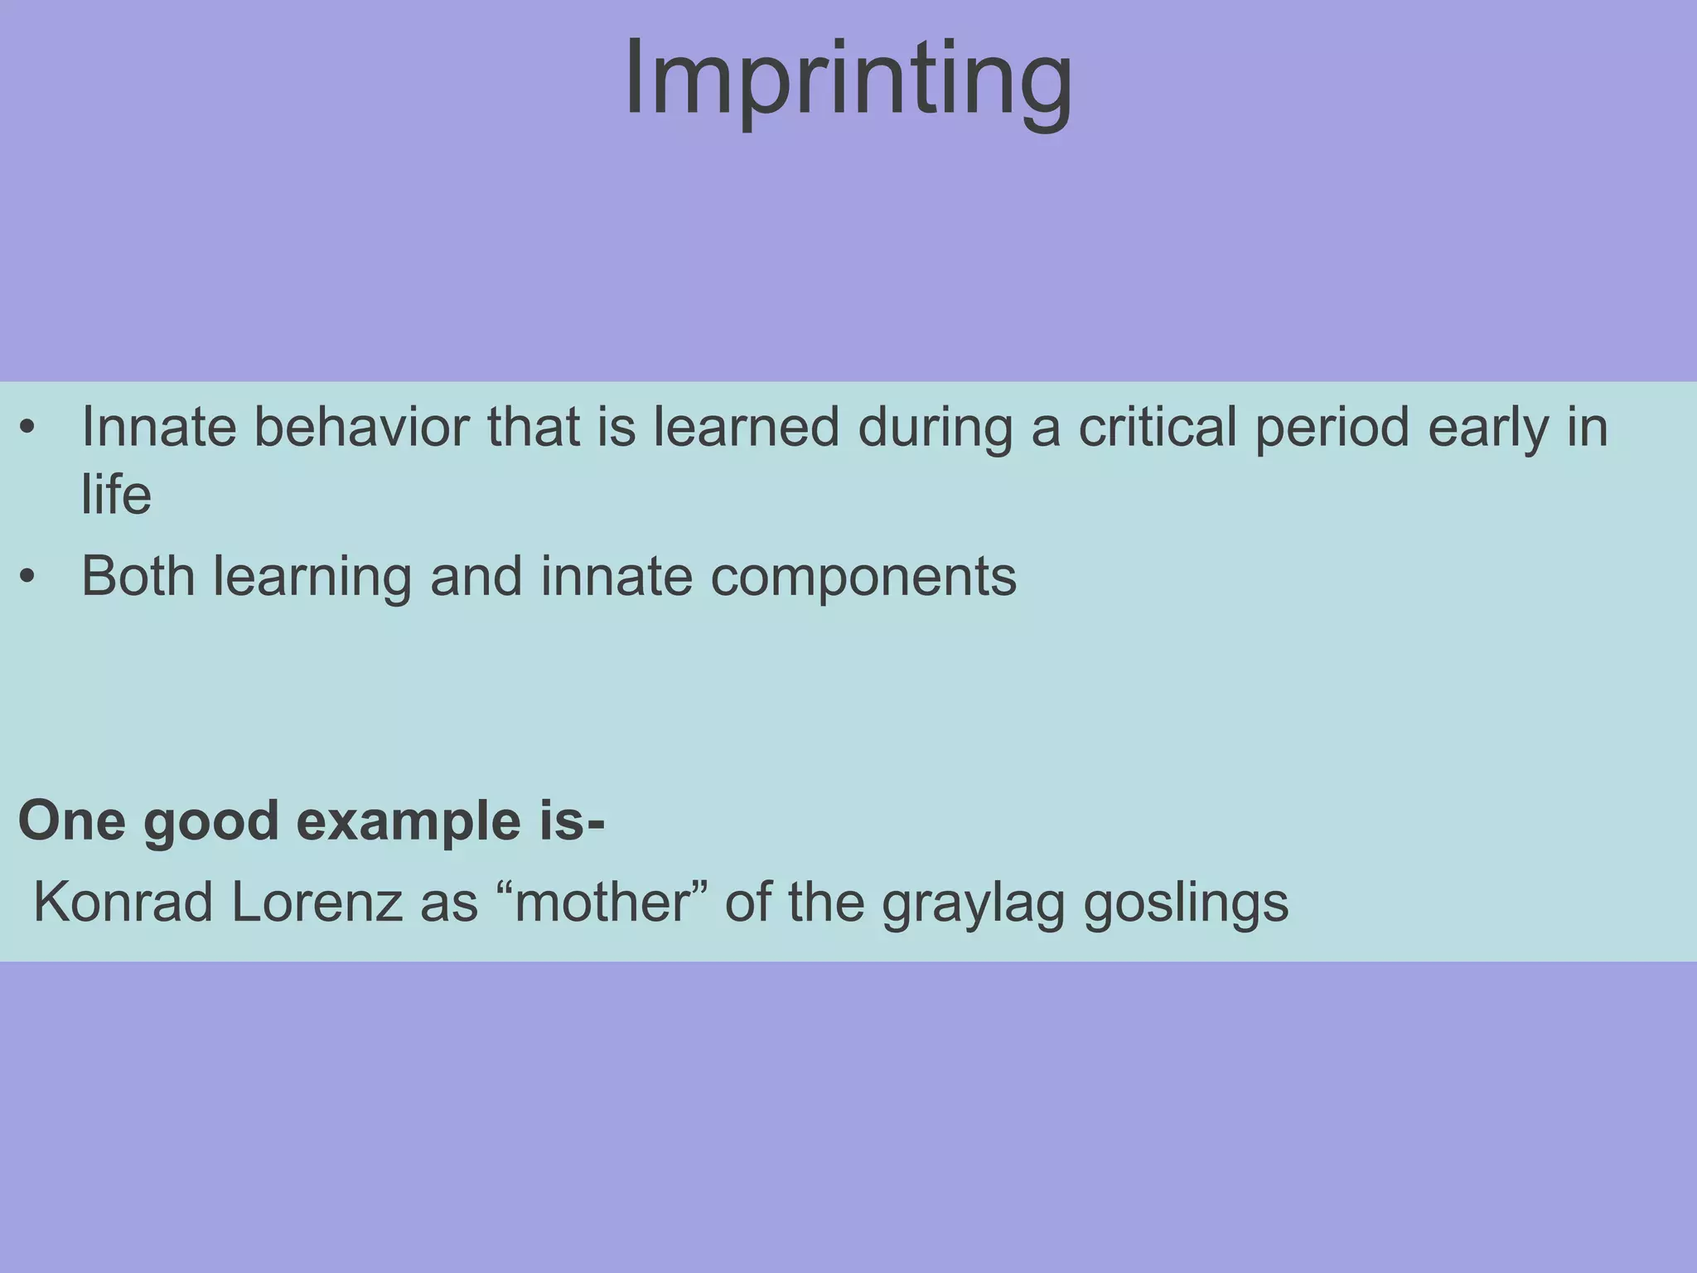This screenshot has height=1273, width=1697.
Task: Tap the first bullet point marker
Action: tap(28, 428)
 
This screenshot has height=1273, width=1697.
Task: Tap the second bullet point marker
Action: tap(28, 577)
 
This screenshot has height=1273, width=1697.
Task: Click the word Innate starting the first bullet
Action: tap(157, 428)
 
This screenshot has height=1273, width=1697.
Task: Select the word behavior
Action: tap(360, 428)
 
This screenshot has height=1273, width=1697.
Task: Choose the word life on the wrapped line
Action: tap(116, 495)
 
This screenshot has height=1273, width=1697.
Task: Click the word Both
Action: tap(138, 577)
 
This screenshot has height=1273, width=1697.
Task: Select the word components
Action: tap(863, 577)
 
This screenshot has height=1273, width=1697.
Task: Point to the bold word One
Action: tap(71, 822)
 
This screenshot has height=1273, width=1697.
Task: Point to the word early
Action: tap(1487, 428)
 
